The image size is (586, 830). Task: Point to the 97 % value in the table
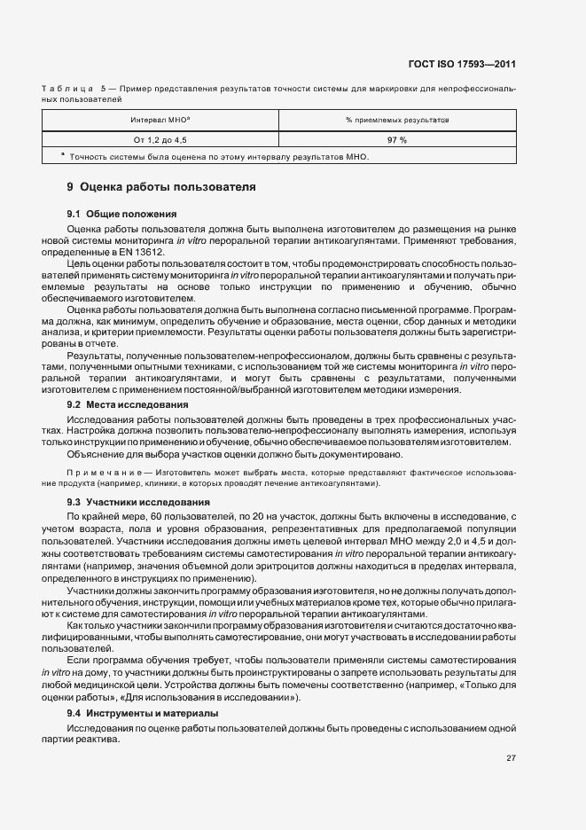coord(396,140)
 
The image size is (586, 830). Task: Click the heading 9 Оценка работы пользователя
coord(161,188)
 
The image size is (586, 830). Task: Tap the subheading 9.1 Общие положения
coord(122,214)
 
